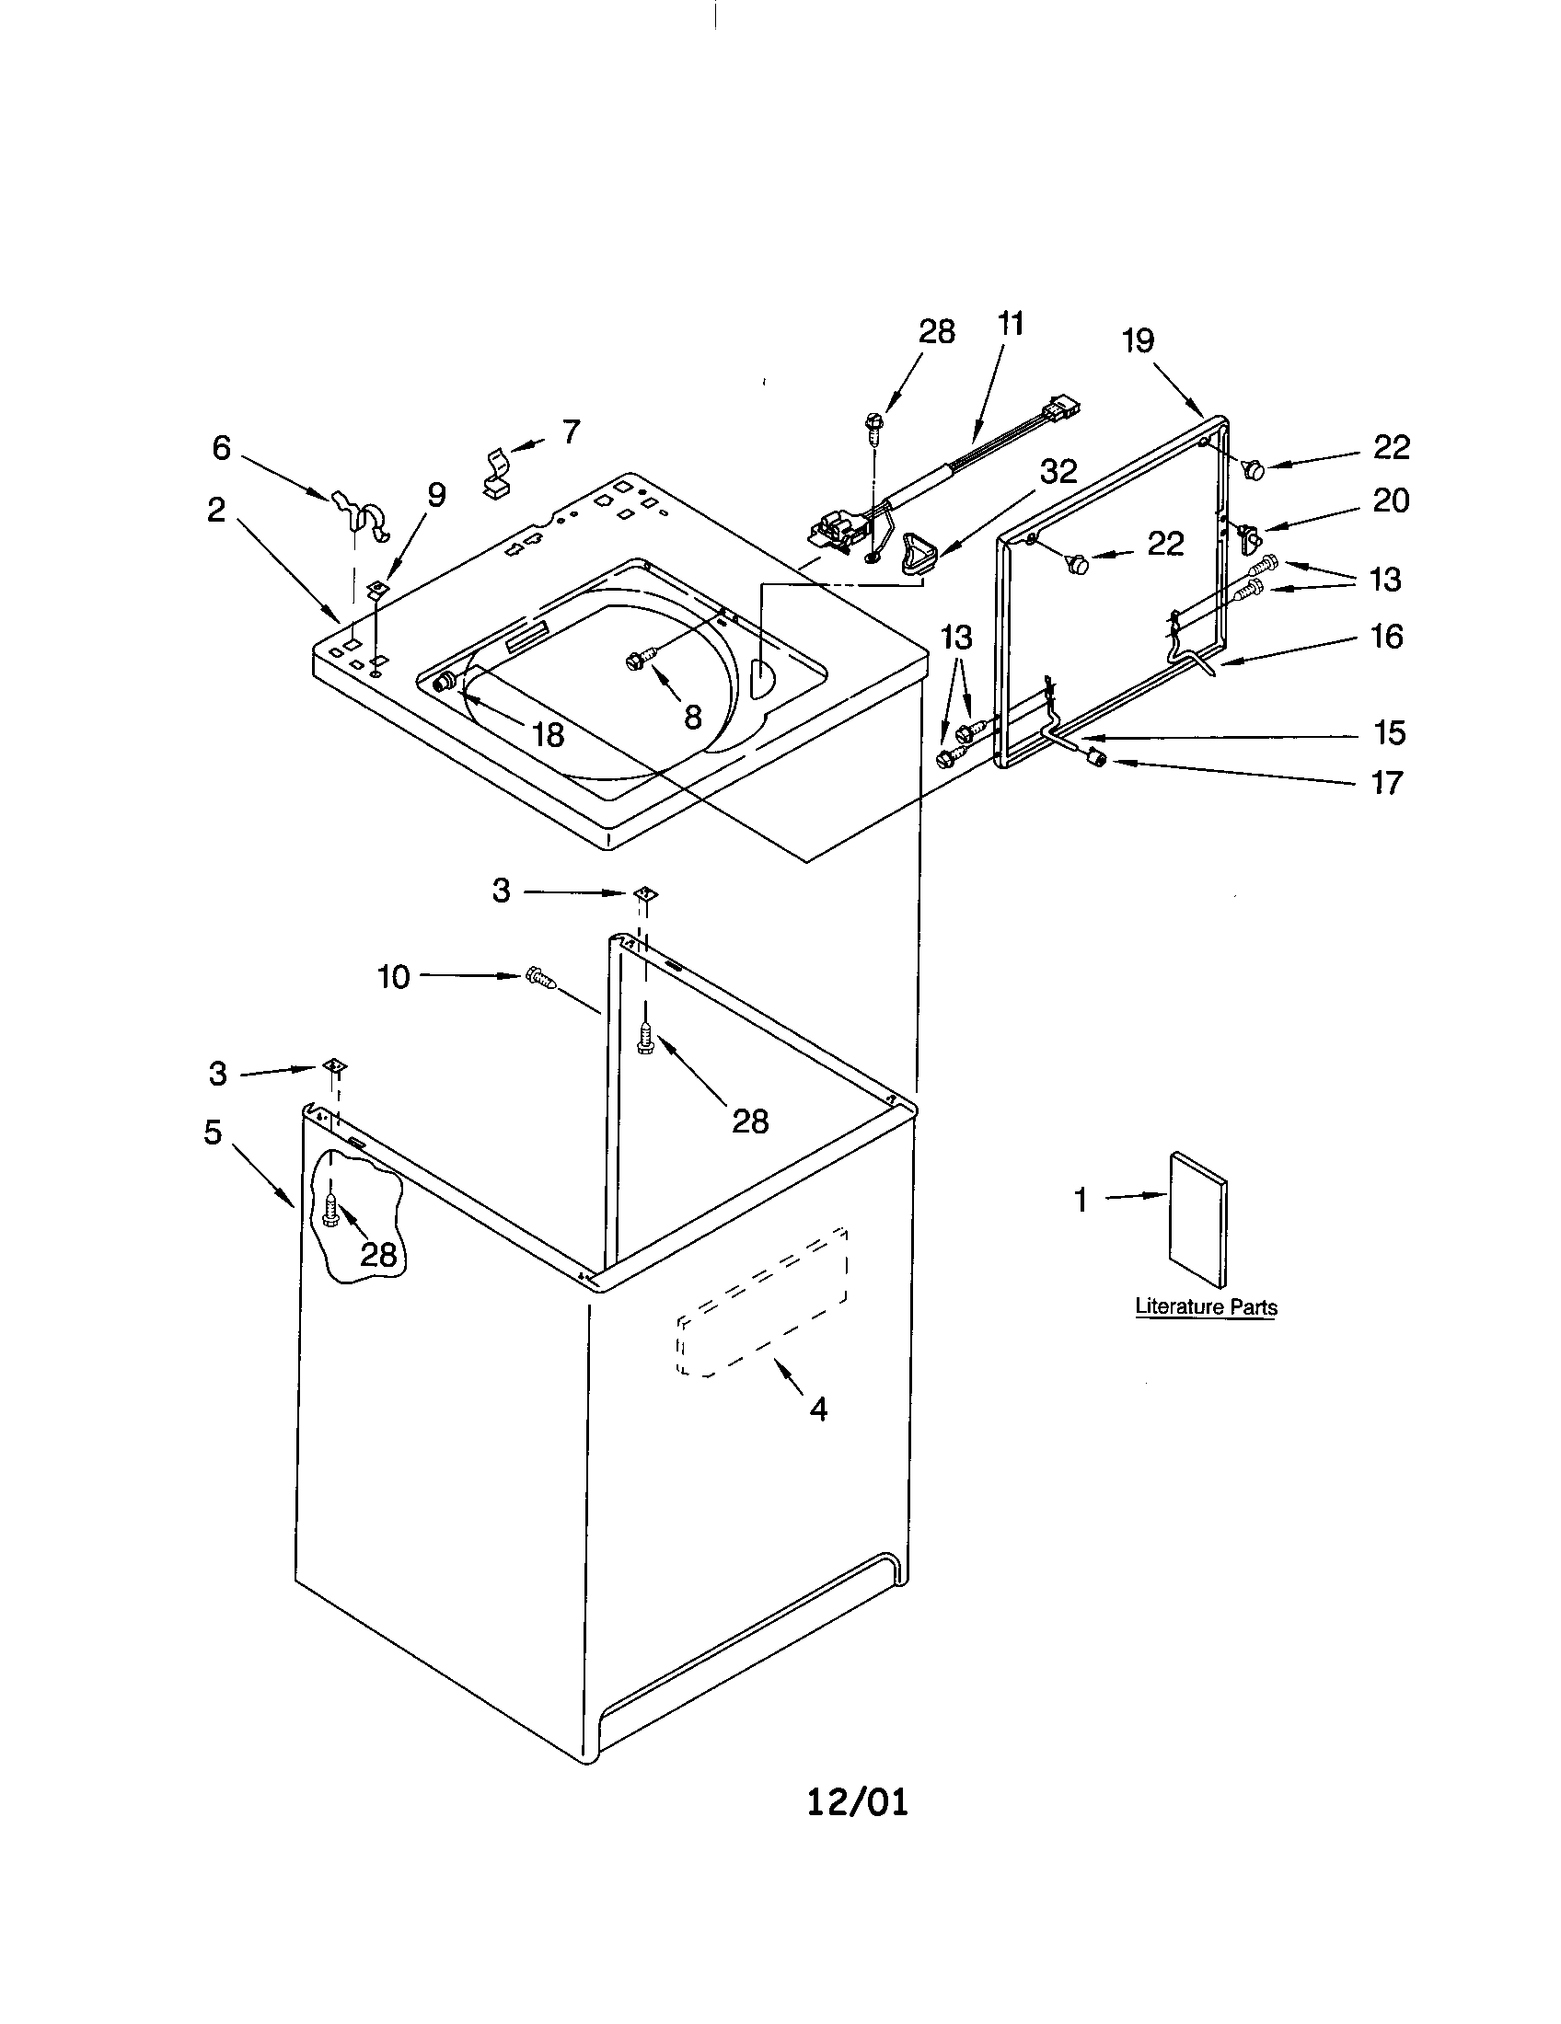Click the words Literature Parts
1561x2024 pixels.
[x=1205, y=1306]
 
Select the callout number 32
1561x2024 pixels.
[x=1058, y=472]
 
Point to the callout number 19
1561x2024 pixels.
[x=1138, y=341]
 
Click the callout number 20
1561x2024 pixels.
[x=1390, y=500]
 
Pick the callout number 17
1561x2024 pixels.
[x=1387, y=783]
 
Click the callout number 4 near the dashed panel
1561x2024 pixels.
[x=817, y=1409]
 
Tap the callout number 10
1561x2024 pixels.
[x=393, y=977]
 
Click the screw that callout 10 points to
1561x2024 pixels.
[x=540, y=978]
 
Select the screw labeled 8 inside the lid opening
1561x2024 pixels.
[x=638, y=659]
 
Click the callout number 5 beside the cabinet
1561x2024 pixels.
[x=214, y=1132]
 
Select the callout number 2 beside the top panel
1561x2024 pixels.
[x=216, y=509]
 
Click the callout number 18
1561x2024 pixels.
[x=548, y=735]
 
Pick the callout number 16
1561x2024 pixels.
[x=1386, y=637]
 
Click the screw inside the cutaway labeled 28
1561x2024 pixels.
[x=333, y=1208]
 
